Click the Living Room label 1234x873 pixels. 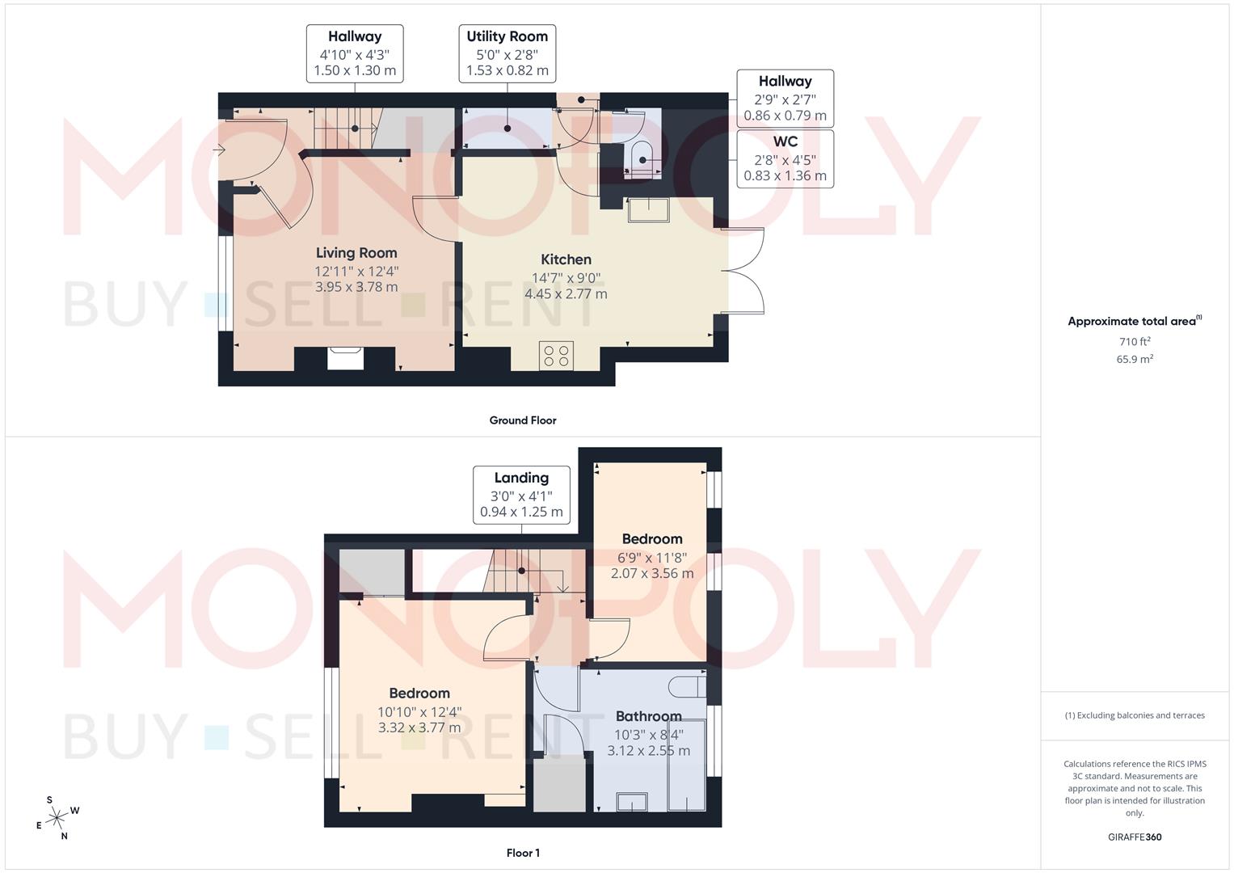(356, 253)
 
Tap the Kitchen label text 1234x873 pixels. (566, 259)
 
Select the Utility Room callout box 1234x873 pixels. (507, 53)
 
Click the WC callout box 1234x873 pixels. (785, 158)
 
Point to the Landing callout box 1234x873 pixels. (521, 494)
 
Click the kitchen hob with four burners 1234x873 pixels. (556, 356)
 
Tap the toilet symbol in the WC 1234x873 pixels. (642, 157)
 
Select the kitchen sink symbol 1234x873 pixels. (648, 209)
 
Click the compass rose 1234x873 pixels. (57, 818)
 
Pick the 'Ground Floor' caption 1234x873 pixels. (523, 420)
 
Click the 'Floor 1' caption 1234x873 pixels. (523, 853)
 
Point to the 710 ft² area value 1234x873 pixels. (1135, 342)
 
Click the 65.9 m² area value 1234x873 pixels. (1135, 360)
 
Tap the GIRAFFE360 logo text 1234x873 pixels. (1135, 837)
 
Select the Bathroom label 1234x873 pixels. (648, 716)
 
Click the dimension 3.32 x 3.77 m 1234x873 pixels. (419, 727)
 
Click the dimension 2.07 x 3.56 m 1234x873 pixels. (652, 573)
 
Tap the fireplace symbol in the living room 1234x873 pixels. (346, 358)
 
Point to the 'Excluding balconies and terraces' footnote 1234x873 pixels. (1135, 715)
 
